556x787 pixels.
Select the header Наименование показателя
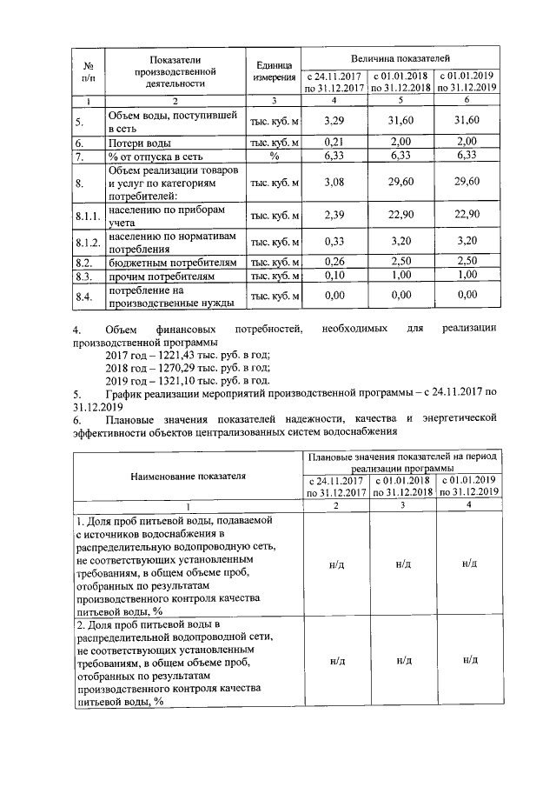coord(188,476)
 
